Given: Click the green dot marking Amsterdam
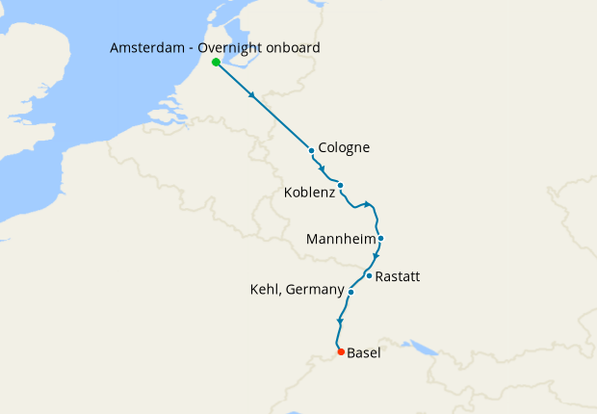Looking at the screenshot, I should tap(216, 63).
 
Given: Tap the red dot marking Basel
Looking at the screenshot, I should tap(341, 351).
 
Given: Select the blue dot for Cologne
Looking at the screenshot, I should tap(312, 150).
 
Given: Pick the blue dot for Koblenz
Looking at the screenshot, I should tap(341, 185).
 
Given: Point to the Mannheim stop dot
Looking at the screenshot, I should tap(381, 238).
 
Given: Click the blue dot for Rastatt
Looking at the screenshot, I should tap(369, 275).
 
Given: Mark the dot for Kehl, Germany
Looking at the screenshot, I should tap(350, 292).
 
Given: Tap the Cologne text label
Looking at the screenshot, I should tap(344, 148).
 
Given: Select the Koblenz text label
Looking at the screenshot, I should tap(309, 194).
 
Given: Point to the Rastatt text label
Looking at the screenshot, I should tap(397, 276).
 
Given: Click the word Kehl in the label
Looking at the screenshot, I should tap(266, 290).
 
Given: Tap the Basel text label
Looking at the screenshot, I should tap(363, 353).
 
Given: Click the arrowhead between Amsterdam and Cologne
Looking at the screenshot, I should tap(253, 95).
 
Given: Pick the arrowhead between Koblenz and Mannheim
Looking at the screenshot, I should tap(368, 204).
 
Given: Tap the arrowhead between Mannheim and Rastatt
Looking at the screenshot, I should tap(376, 257).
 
